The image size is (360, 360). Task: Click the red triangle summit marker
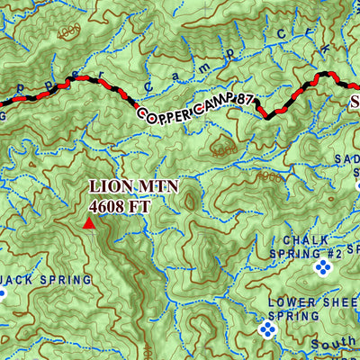(89, 223)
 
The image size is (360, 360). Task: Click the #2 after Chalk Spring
(333, 254)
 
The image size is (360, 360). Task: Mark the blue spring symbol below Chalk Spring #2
(322, 269)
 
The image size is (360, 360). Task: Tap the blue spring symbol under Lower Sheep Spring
(267, 330)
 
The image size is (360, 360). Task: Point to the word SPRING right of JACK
(67, 280)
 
